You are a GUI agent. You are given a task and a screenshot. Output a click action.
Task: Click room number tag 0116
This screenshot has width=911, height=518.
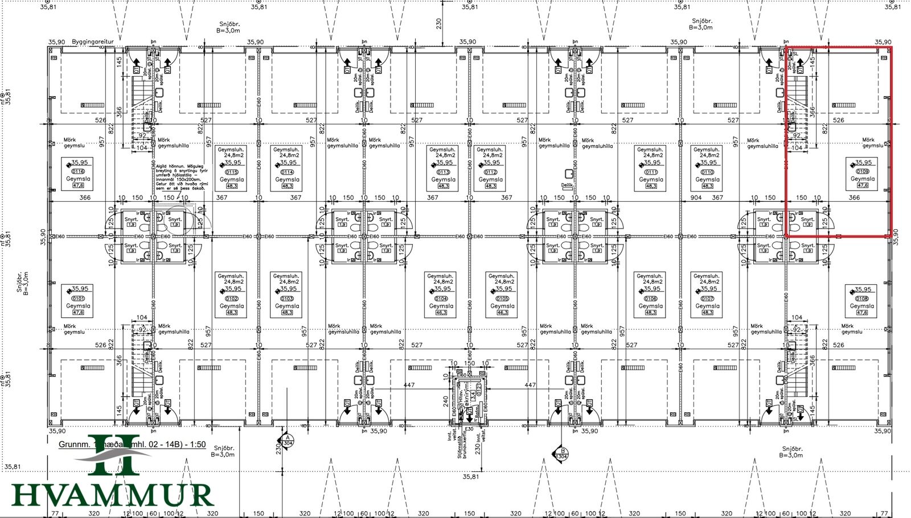[78, 171]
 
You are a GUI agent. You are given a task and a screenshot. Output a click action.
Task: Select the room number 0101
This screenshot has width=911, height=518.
[78, 298]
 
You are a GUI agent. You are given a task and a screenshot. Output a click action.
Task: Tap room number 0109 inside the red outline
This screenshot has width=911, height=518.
[862, 171]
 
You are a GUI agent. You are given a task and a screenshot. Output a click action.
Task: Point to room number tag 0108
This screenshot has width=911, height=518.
[862, 299]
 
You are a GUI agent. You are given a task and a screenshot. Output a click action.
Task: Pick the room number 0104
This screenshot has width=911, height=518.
[441, 299]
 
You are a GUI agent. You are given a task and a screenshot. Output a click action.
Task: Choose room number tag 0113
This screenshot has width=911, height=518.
[443, 172]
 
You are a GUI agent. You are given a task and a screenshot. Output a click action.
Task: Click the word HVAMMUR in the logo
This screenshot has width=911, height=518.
[112, 495]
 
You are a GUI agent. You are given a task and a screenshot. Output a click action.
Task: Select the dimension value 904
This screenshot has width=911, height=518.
[696, 197]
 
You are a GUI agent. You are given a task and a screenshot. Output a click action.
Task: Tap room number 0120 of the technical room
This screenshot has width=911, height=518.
[479, 389]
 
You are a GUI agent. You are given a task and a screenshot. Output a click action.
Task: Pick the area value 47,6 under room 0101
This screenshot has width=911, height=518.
[78, 312]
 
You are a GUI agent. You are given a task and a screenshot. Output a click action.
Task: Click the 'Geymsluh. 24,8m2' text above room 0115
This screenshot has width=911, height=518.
[231, 152]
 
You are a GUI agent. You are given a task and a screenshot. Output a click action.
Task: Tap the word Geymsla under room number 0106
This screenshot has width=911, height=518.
[651, 306]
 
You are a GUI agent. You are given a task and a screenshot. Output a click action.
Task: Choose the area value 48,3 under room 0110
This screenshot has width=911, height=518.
[707, 186]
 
